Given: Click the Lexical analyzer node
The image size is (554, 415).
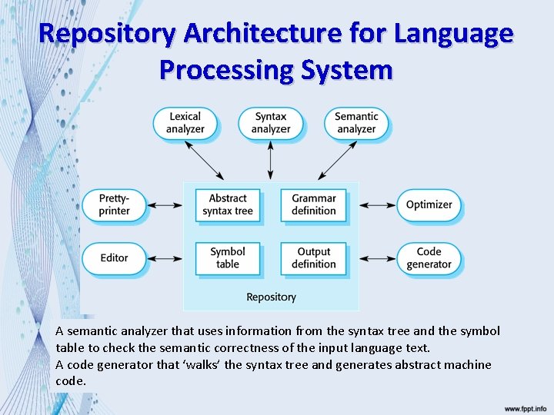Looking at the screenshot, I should click(185, 123).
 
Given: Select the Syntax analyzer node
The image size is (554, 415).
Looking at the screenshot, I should click(271, 123).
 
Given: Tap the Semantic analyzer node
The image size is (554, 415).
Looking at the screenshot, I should click(356, 123).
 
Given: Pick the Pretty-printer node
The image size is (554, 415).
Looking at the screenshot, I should click(114, 204).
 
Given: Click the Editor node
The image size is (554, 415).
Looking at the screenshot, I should click(114, 258).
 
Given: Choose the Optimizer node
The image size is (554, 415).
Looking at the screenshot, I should click(429, 204).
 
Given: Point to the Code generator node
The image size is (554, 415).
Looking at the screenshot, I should click(429, 258).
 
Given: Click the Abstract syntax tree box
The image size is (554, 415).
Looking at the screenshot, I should click(227, 204).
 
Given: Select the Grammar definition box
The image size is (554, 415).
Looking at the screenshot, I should click(314, 204).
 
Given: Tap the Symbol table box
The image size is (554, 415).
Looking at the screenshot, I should click(227, 258).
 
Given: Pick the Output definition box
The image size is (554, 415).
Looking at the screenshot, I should click(314, 258).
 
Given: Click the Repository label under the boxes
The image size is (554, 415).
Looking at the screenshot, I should click(271, 297).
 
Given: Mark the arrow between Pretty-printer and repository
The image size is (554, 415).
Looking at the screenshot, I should click(164, 205).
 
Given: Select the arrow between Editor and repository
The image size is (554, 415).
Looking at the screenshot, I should click(164, 258).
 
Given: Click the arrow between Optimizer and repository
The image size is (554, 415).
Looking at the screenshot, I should click(377, 205).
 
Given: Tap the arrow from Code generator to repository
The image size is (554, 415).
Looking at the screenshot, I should click(377, 258).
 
